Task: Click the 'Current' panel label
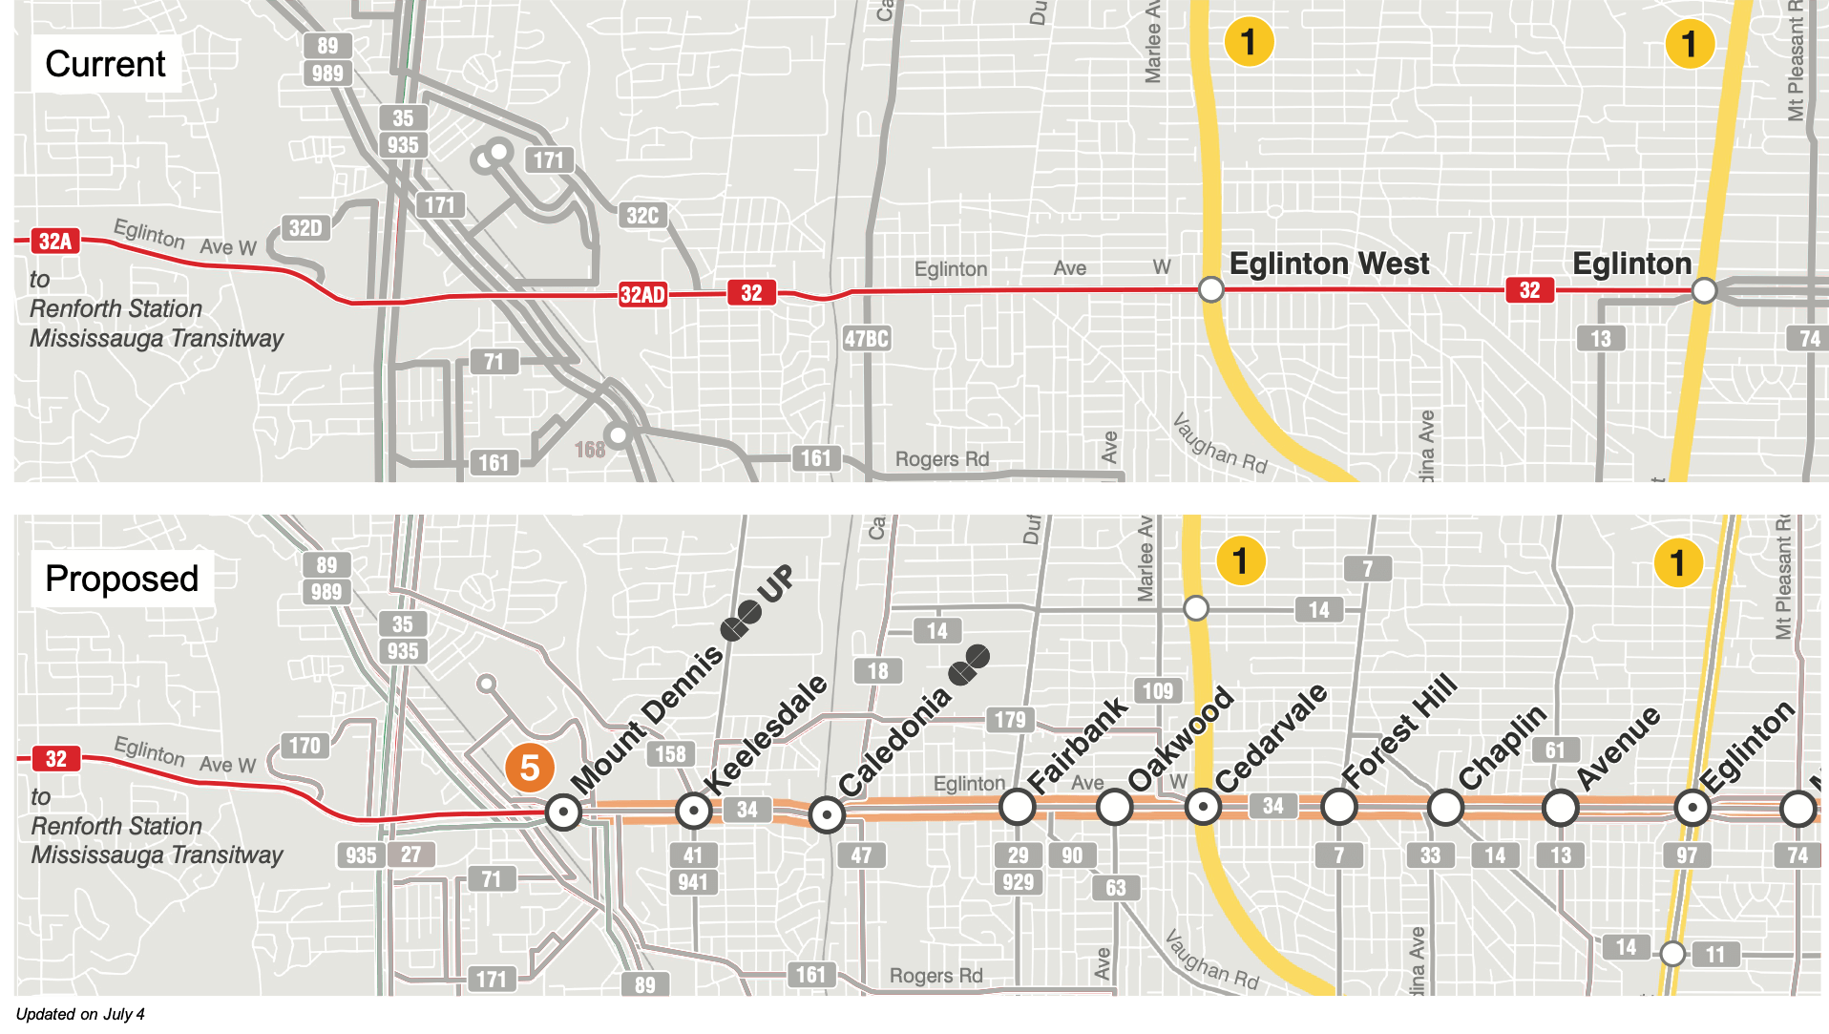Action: [105, 64]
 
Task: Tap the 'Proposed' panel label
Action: [121, 579]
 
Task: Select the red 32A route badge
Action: [55, 242]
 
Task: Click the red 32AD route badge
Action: [642, 294]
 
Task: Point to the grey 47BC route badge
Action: [867, 339]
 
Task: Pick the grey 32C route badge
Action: [642, 216]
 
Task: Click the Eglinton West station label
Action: [1329, 264]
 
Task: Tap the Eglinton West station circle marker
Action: [1210, 289]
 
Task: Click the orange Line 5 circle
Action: [530, 768]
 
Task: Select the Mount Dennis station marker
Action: [563, 812]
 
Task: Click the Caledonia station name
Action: [894, 741]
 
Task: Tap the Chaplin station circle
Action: [1445, 809]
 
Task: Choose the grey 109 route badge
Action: [1157, 691]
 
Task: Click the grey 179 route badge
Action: [1010, 720]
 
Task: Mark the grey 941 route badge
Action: [693, 882]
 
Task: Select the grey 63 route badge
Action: [1115, 888]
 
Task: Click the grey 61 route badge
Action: [1555, 750]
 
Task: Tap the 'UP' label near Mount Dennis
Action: [776, 583]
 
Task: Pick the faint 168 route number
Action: [589, 450]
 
